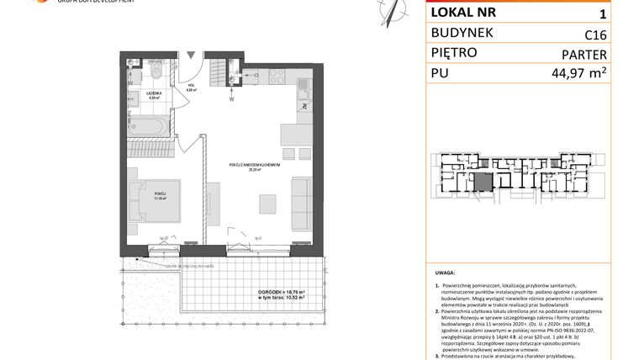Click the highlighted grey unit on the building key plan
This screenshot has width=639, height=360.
[x=482, y=183]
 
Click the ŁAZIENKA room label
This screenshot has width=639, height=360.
[x=153, y=93]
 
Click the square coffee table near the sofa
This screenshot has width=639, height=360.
[x=268, y=203]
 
